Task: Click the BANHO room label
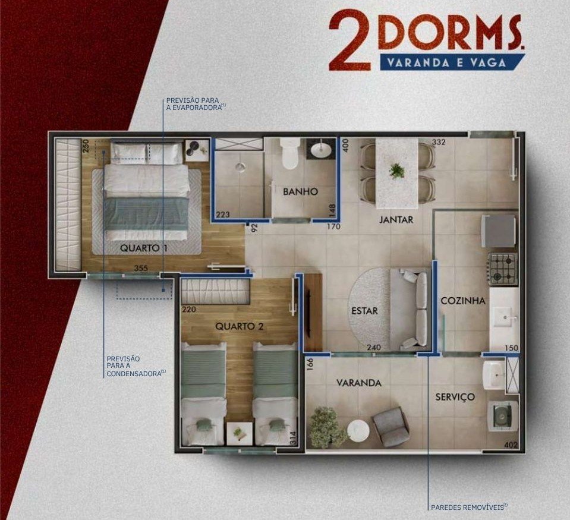(x=300, y=191)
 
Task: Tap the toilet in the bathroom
(x=289, y=154)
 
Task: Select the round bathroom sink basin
(x=321, y=149)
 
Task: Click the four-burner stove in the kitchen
(x=503, y=269)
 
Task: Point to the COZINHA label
(x=463, y=301)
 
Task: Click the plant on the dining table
(x=396, y=170)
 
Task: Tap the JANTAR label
(x=396, y=219)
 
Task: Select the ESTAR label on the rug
(x=364, y=311)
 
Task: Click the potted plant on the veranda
(x=328, y=427)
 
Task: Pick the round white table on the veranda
(x=358, y=431)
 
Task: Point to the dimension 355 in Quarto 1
(x=141, y=268)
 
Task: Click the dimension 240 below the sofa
(x=374, y=348)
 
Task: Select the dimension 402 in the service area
(x=511, y=445)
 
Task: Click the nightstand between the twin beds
(x=239, y=433)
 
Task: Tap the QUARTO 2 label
(x=239, y=326)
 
